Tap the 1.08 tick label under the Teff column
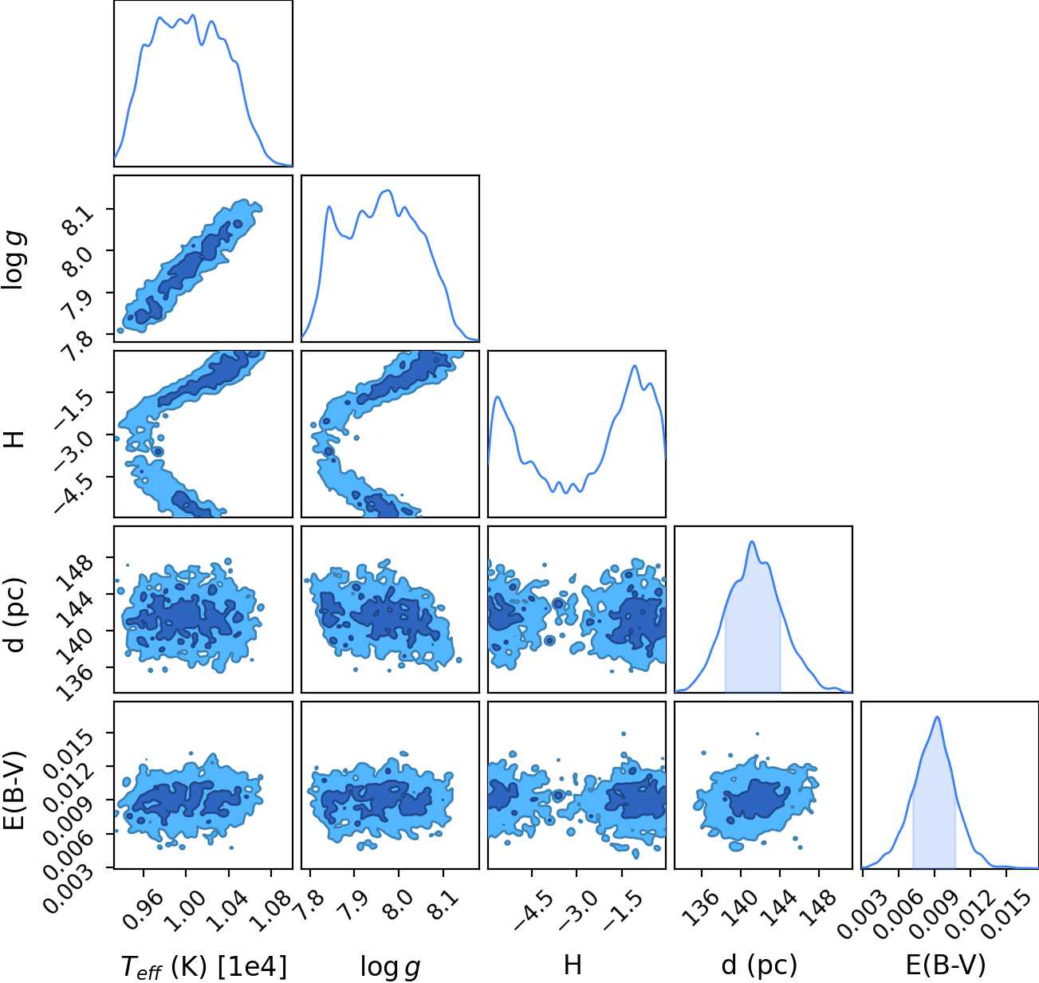(x=270, y=910)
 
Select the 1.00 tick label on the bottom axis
(x=185, y=910)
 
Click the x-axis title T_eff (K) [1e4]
(x=204, y=967)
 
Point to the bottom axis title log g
(x=390, y=967)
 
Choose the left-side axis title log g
(x=14, y=261)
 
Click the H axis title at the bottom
(x=573, y=965)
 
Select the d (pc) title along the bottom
(x=759, y=966)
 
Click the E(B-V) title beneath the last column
(x=946, y=966)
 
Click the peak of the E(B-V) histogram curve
(x=937, y=717)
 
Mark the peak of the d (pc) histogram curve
(x=751, y=541)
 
